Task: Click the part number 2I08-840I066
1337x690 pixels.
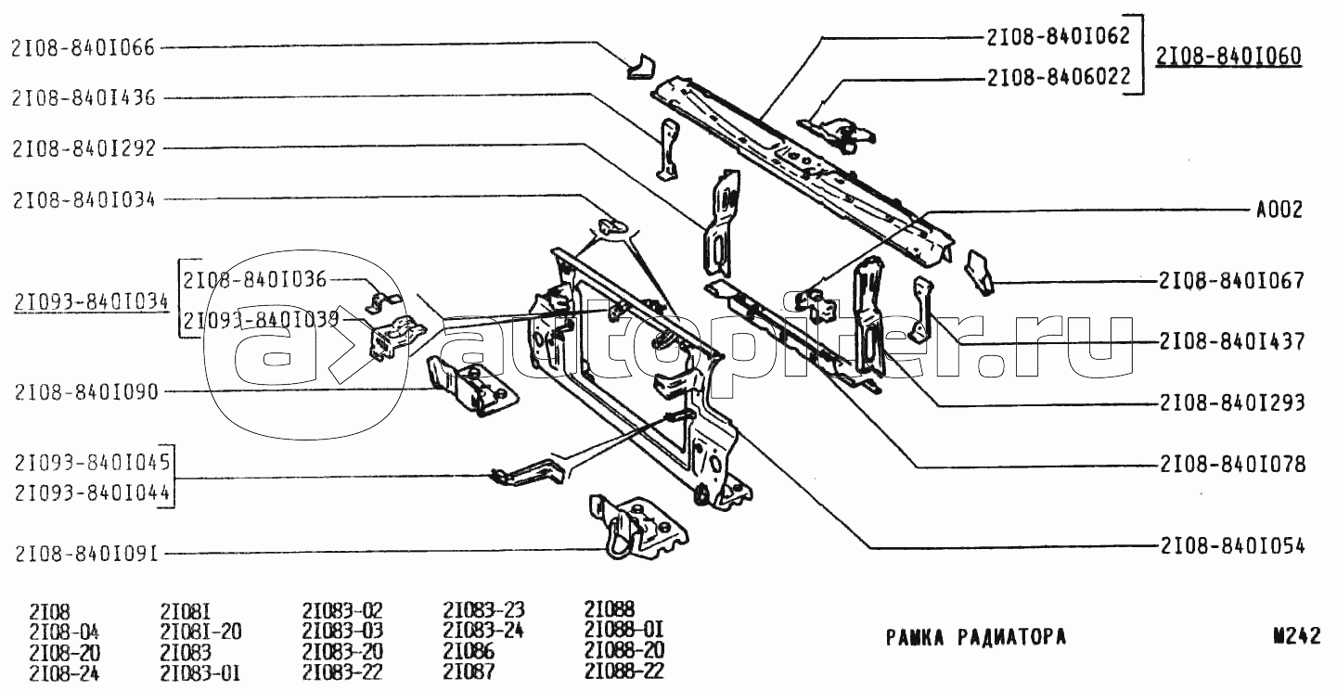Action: [83, 47]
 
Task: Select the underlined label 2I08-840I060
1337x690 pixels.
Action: [1228, 57]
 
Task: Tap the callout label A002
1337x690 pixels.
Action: [1279, 210]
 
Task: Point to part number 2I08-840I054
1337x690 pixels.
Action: [1232, 546]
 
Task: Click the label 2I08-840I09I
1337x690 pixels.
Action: [86, 554]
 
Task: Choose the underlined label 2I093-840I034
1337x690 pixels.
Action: [91, 302]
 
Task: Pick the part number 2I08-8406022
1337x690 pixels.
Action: [1059, 77]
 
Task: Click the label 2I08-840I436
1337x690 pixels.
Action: [84, 97]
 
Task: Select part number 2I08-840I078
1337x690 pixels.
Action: [1232, 465]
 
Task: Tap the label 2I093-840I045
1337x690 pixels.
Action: [93, 462]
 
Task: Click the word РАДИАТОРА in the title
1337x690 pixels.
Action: [1011, 637]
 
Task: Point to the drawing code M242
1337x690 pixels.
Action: [1296, 636]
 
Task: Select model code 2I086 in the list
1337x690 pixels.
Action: [469, 651]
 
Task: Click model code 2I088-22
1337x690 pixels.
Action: [624, 671]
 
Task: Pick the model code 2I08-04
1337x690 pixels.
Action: [64, 632]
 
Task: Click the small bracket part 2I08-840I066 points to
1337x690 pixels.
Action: [640, 66]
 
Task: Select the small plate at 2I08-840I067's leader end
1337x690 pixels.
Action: [980, 272]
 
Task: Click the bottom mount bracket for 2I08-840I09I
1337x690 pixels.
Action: [637, 527]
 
